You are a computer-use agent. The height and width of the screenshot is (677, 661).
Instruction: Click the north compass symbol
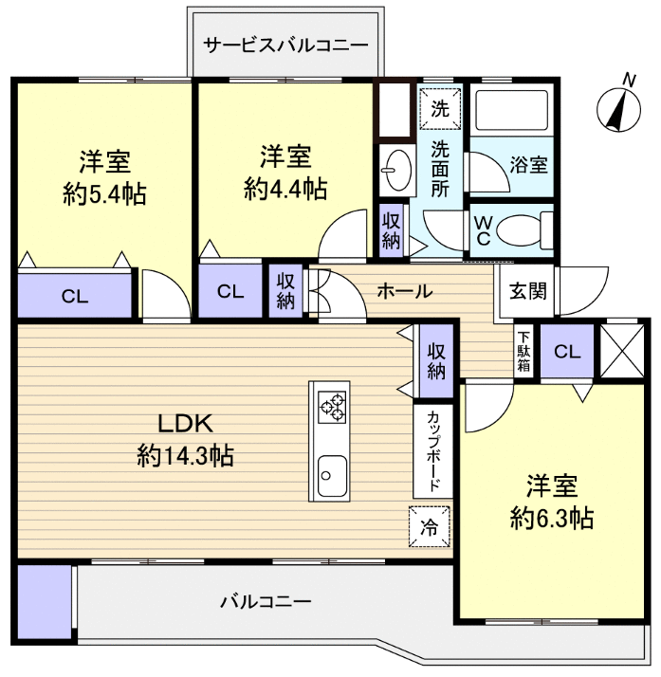coord(618,107)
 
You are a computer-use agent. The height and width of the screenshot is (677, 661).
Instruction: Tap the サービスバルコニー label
coord(285,44)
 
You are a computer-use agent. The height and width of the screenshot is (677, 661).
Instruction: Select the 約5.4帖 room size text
coord(104,194)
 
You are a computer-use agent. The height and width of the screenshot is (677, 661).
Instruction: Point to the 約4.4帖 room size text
coord(285,189)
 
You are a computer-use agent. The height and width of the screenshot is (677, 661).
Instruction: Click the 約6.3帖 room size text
coord(552,518)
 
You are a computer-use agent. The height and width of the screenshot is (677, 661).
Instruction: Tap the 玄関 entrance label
coord(526,290)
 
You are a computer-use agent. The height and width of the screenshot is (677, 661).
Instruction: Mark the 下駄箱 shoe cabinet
coord(523,352)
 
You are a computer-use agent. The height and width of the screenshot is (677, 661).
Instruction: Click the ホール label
coord(405,291)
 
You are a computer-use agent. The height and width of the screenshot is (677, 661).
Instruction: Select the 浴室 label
coord(528,164)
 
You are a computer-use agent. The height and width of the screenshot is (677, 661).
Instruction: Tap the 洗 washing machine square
coord(440,108)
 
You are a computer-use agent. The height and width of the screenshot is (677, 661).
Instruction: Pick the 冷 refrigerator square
coord(430,527)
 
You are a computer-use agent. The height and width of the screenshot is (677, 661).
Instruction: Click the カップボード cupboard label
coord(432,450)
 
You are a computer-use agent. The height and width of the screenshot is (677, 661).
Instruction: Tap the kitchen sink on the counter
coord(329,469)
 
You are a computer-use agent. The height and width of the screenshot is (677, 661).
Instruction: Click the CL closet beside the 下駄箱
coord(566,352)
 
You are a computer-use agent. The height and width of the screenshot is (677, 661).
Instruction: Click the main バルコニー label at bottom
coord(266,601)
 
